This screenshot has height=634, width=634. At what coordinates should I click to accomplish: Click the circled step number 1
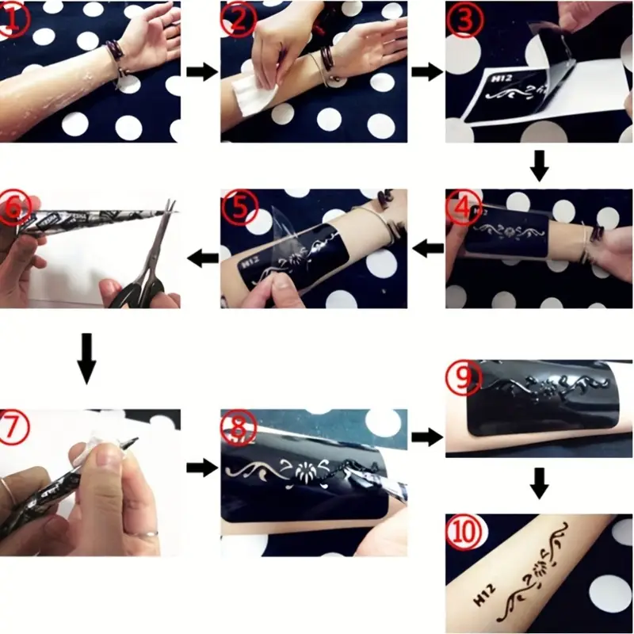14,19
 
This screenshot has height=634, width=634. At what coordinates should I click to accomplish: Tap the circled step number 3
464,19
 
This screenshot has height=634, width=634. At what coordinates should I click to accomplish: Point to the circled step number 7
14,427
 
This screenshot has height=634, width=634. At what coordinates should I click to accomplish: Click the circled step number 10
464,532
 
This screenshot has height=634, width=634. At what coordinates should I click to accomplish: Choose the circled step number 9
464,378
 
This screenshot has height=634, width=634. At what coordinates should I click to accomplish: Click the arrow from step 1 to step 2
202,72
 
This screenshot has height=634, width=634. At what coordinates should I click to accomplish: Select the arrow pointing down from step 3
540,166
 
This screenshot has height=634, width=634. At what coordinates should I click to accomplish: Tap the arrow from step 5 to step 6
203,258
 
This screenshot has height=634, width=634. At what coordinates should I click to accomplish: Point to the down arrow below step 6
86,358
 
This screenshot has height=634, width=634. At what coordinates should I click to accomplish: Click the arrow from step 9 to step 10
540,483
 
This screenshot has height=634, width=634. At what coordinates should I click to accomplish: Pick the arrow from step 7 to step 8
202,468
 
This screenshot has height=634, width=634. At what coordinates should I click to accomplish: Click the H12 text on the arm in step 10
484,594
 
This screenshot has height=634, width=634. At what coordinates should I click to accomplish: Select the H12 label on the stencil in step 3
502,78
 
